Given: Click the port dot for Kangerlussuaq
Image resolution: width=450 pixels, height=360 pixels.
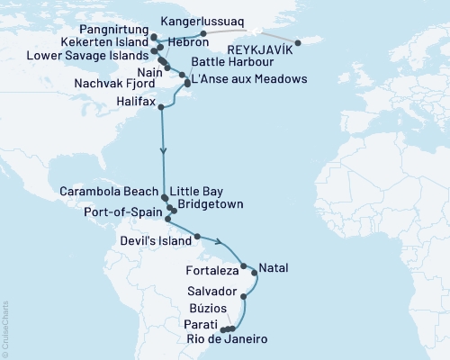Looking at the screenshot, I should coord(204,33).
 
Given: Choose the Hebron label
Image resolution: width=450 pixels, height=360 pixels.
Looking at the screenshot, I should coord(177,41).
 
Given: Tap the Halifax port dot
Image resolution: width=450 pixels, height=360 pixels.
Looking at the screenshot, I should coord(162,108).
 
